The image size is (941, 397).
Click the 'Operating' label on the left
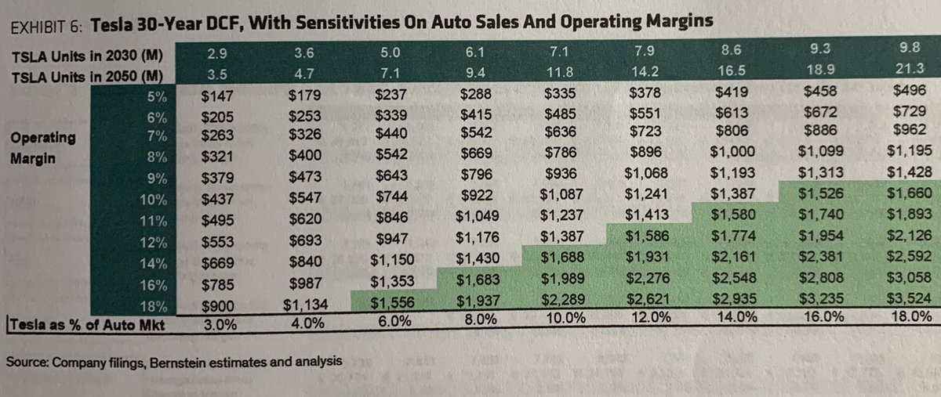tap(43, 138)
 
